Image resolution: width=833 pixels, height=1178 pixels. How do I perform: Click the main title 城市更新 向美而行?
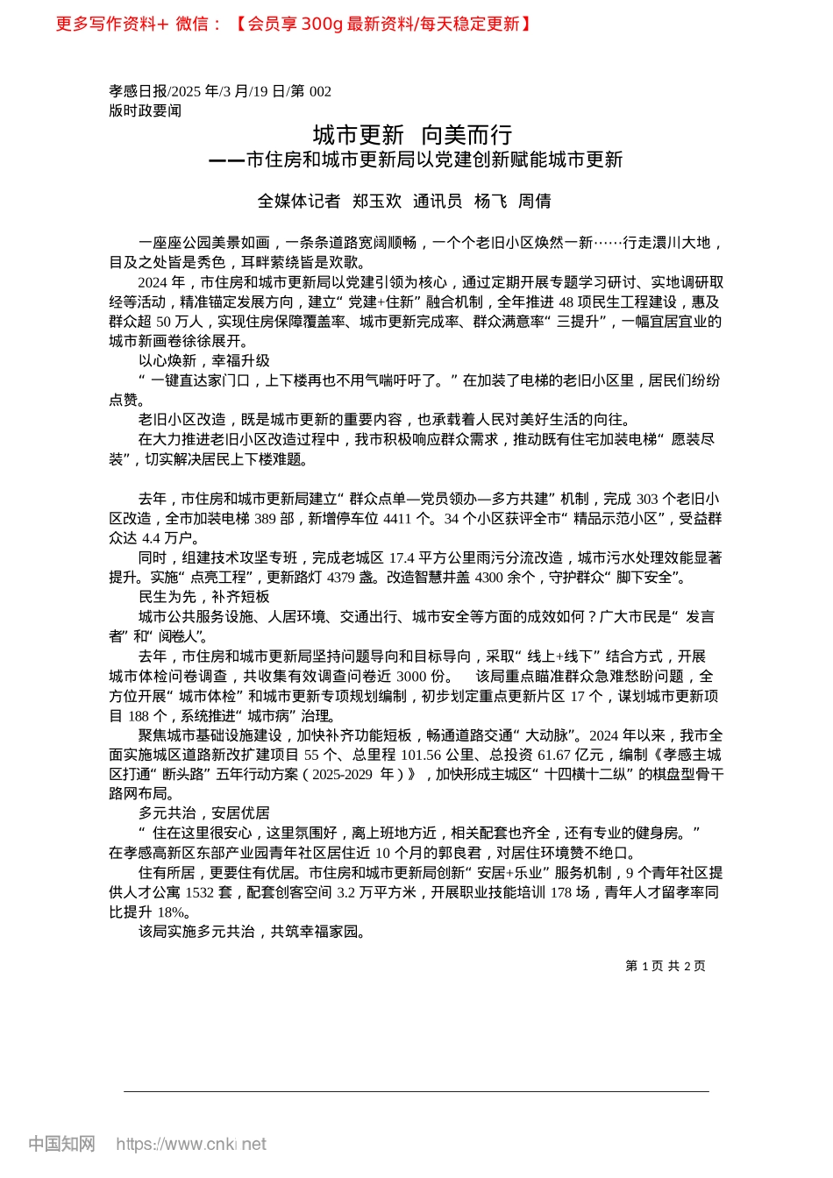pyautogui.click(x=412, y=135)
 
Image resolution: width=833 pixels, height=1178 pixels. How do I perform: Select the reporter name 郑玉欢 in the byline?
pyautogui.click(x=376, y=202)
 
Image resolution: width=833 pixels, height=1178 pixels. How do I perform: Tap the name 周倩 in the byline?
pyautogui.click(x=534, y=202)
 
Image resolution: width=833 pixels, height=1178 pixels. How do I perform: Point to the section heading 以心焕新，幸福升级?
pyautogui.click(x=204, y=361)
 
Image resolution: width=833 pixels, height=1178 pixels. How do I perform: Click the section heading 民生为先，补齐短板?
pyautogui.click(x=204, y=597)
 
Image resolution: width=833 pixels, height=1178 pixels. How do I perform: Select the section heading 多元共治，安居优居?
pyautogui.click(x=204, y=813)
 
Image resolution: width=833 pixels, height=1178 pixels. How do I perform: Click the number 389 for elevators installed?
pyautogui.click(x=265, y=519)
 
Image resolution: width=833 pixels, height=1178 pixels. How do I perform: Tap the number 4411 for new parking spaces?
pyautogui.click(x=397, y=519)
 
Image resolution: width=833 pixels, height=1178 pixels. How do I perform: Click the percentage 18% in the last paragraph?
pyautogui.click(x=171, y=912)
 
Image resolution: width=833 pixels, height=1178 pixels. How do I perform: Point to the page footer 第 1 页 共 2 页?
pyautogui.click(x=665, y=966)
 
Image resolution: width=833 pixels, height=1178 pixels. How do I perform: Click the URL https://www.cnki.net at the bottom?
pyautogui.click(x=191, y=1144)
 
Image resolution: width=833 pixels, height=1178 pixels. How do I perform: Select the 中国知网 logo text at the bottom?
pyautogui.click(x=61, y=1144)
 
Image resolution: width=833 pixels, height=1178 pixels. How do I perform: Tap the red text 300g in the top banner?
pyautogui.click(x=322, y=24)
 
